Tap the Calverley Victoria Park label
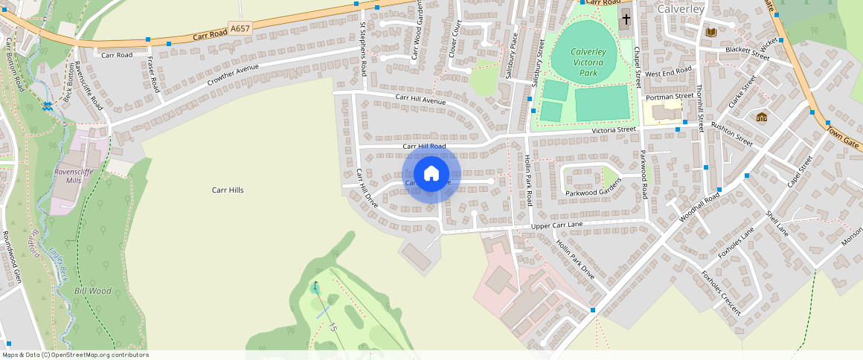588,63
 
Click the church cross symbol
626,19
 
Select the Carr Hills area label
228,190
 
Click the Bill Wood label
92,291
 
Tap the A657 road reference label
240,28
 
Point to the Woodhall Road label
699,208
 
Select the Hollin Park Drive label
576,259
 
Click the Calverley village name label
681,8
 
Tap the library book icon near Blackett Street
710,32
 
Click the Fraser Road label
154,74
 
